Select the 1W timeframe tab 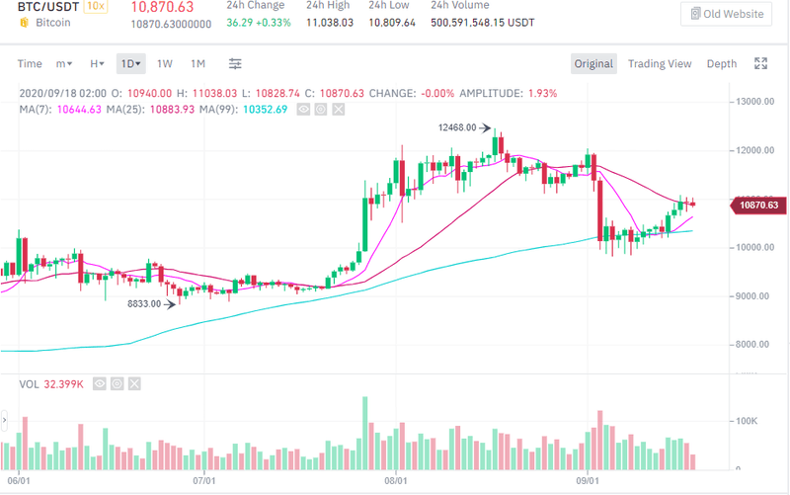[x=165, y=64]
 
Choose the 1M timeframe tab [x=197, y=64]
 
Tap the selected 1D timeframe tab [x=130, y=64]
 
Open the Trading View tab [x=660, y=64]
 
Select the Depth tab [x=721, y=64]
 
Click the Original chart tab [x=593, y=64]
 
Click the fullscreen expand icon [x=760, y=64]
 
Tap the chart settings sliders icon [x=235, y=64]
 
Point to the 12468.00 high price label [x=457, y=127]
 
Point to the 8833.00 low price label [x=145, y=304]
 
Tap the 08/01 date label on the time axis [x=396, y=481]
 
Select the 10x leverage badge [x=96, y=6]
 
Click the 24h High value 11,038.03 [x=330, y=22]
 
